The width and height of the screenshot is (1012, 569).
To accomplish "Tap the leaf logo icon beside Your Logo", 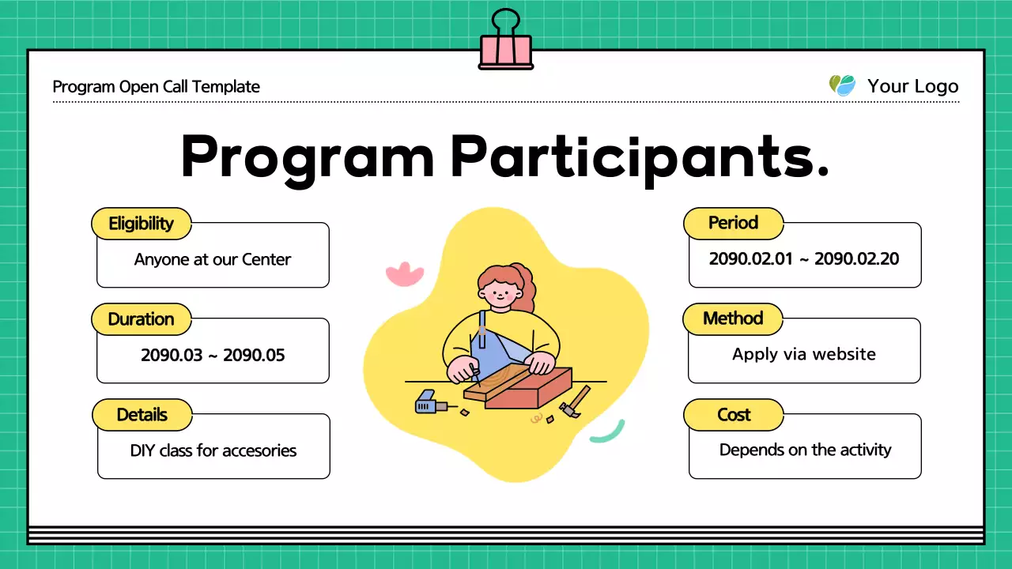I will point(842,85).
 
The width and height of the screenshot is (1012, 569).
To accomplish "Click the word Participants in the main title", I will point(640,157).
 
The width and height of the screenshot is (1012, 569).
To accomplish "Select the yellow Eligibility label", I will point(142,224).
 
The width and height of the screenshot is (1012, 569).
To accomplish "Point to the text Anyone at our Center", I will point(213,259).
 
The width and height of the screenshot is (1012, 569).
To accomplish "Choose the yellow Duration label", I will point(142,319).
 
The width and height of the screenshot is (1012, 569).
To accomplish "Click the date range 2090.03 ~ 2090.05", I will point(213,355).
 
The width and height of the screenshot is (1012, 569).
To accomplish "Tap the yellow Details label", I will point(142,415).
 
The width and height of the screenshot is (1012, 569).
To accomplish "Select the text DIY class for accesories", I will point(213,450).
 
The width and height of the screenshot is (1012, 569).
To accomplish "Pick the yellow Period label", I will point(733,223).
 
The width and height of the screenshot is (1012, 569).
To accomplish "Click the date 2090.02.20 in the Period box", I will point(857,258).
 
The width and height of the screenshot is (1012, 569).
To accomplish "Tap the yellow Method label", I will point(733,318).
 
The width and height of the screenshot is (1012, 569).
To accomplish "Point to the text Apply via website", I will point(804,354).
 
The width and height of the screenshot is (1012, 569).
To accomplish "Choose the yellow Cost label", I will point(734,415).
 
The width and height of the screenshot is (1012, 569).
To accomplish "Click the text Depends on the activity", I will point(805,450).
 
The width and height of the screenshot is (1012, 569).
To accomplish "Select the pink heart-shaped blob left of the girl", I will point(404,274).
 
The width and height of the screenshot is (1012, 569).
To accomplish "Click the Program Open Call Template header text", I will point(157,87).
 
